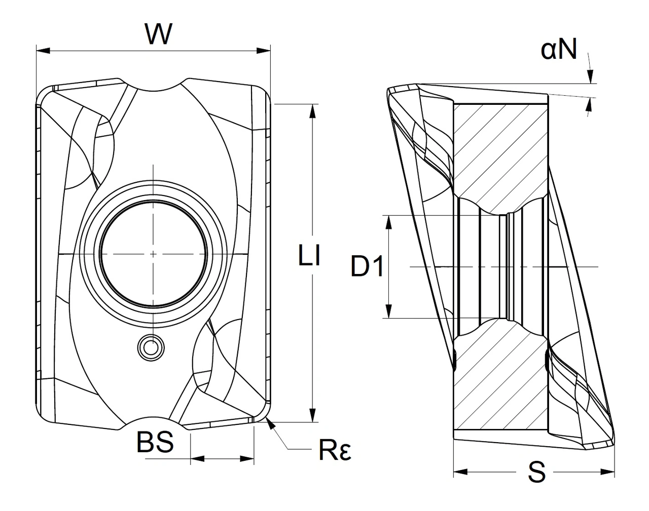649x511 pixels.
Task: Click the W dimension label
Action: tap(159, 34)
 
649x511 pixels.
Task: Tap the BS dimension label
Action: tap(155, 442)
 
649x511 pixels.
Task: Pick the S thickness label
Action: tap(536, 473)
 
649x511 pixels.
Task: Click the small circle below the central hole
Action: tap(151, 347)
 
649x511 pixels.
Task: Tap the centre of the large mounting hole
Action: tap(153, 253)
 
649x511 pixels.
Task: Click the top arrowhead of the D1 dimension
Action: tap(389, 222)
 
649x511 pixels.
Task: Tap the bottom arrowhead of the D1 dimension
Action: tap(389, 311)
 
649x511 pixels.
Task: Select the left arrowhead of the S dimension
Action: tap(459, 473)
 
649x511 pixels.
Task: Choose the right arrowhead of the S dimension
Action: tap(608, 473)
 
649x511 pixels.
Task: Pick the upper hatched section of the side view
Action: tap(499, 152)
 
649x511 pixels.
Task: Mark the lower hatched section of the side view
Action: tap(499, 380)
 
